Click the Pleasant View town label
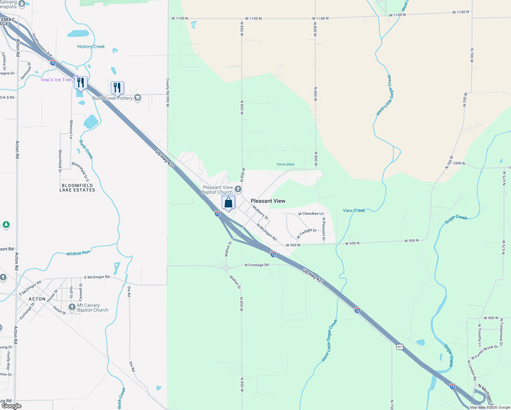pos(268,201)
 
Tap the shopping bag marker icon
pos(228,203)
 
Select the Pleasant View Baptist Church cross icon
pos(238,189)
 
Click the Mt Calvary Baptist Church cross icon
pos(72,307)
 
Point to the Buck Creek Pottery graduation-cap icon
pos(138,98)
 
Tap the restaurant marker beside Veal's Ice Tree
pos(81,83)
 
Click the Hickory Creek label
pos(91,46)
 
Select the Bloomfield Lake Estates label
pos(77,188)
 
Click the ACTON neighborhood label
pos(37,299)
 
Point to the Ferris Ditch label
pos(286,164)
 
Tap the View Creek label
pos(354,210)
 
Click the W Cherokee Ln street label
pos(310,214)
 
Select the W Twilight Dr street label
pos(306,233)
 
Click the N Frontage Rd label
pos(257,265)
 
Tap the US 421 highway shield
pos(400,347)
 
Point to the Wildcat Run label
pos(78,253)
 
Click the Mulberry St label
pos(260,212)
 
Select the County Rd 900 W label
pos(168,92)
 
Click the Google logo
pos(11,406)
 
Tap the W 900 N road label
pos(491,318)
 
